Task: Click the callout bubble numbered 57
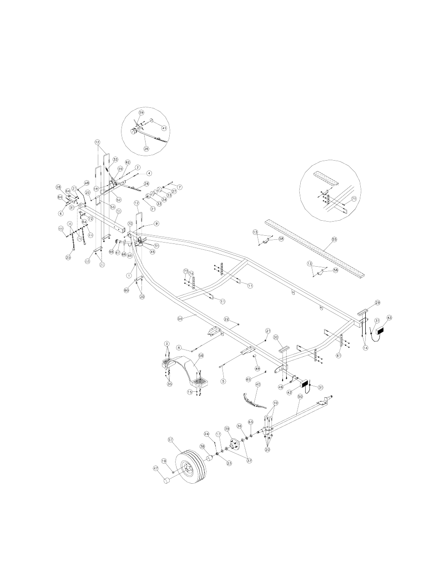(171, 440)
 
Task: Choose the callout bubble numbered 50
(300, 397)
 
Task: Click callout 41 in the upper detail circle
(164, 128)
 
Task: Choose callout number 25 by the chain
(69, 257)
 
